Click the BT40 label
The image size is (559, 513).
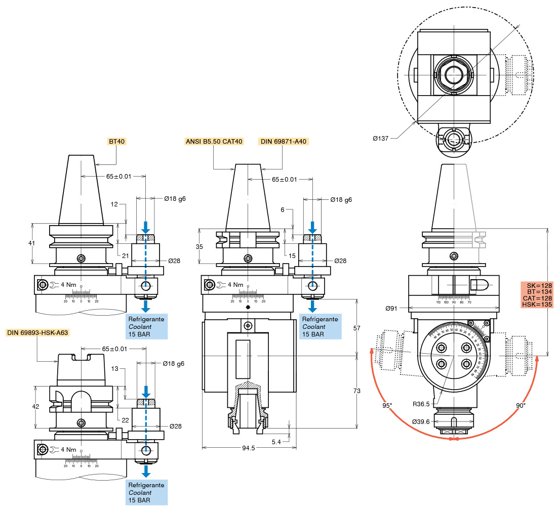(116, 141)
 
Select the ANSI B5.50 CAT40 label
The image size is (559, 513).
(214, 141)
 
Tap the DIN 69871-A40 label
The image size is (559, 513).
(284, 141)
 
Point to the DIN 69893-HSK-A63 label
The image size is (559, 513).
(37, 332)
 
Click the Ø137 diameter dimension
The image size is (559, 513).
(380, 138)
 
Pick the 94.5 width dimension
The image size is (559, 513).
(249, 448)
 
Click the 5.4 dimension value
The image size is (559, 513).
(276, 442)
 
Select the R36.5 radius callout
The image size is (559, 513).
(421, 404)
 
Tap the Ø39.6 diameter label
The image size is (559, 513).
(421, 421)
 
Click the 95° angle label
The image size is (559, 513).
(387, 405)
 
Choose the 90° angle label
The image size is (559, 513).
(520, 405)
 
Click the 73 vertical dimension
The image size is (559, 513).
(356, 391)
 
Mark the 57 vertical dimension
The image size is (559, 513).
(356, 328)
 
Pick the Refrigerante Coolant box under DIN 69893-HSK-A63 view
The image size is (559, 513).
(146, 492)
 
